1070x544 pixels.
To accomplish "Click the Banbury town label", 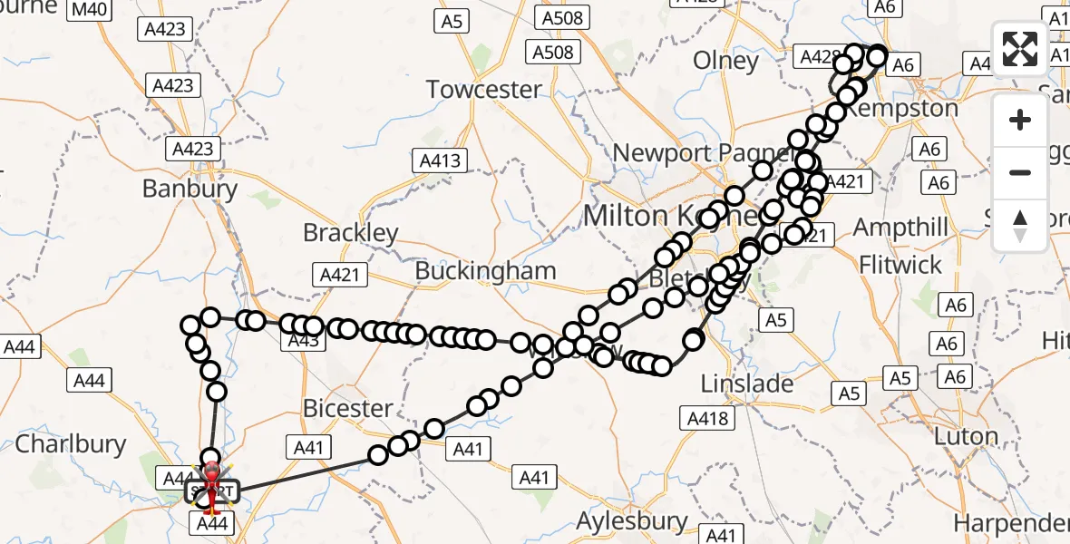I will point(190,189).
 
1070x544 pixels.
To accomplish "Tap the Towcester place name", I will point(483,90).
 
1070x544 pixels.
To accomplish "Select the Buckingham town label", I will point(485,271).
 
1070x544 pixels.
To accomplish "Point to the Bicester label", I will point(347,408).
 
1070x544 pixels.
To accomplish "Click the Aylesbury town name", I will point(633,521).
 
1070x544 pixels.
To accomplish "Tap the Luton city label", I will point(965,436).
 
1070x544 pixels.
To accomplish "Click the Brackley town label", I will point(351,233).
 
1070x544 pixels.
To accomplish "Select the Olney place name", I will point(725,61).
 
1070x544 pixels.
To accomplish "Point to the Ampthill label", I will point(900,227).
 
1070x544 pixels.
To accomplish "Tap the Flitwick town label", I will point(900,266).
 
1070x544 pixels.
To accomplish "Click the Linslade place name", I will point(747,384).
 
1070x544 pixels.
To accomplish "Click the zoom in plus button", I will point(1020,120).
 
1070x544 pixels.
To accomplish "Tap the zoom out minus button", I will point(1020,172).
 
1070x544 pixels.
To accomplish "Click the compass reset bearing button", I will point(1020,225).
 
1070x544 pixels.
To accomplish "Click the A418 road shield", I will point(707,418).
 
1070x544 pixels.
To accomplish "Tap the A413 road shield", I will point(441,161).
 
